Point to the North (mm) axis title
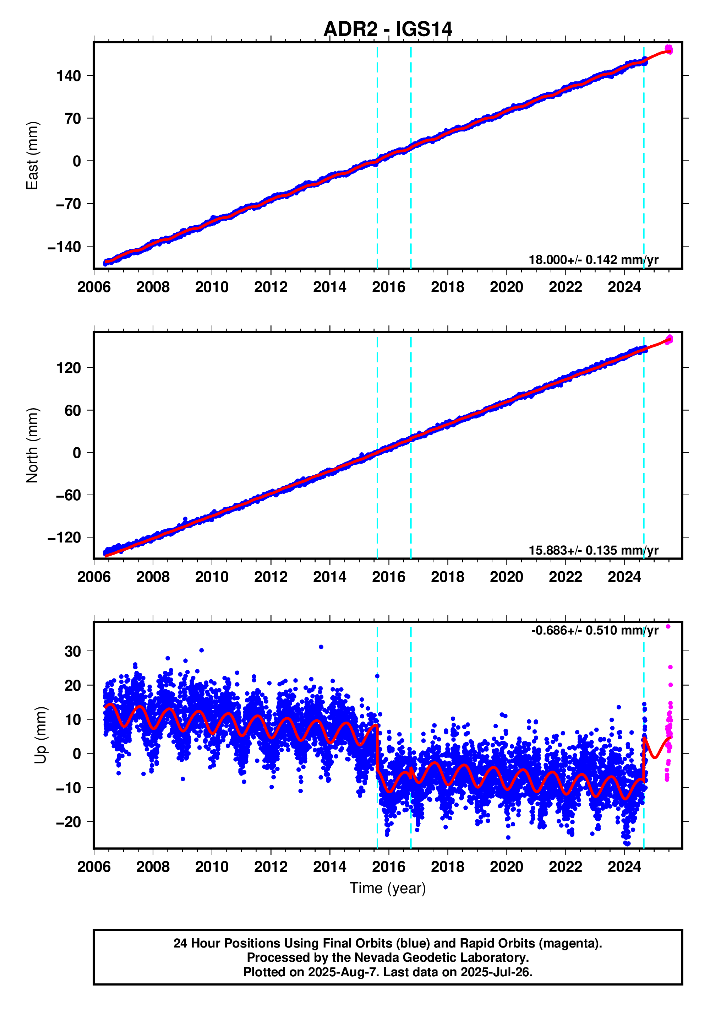click(32, 445)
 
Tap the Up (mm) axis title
click(40, 735)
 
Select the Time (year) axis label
click(387, 888)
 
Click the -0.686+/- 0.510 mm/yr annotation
click(594, 630)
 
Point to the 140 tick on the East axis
click(69, 76)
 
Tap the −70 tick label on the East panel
click(68, 204)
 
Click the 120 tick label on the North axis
click(69, 368)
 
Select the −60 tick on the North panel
click(68, 495)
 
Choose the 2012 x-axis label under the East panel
click(271, 287)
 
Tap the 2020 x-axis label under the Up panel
click(506, 867)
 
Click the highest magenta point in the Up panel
click(668, 626)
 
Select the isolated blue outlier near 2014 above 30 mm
click(321, 647)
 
